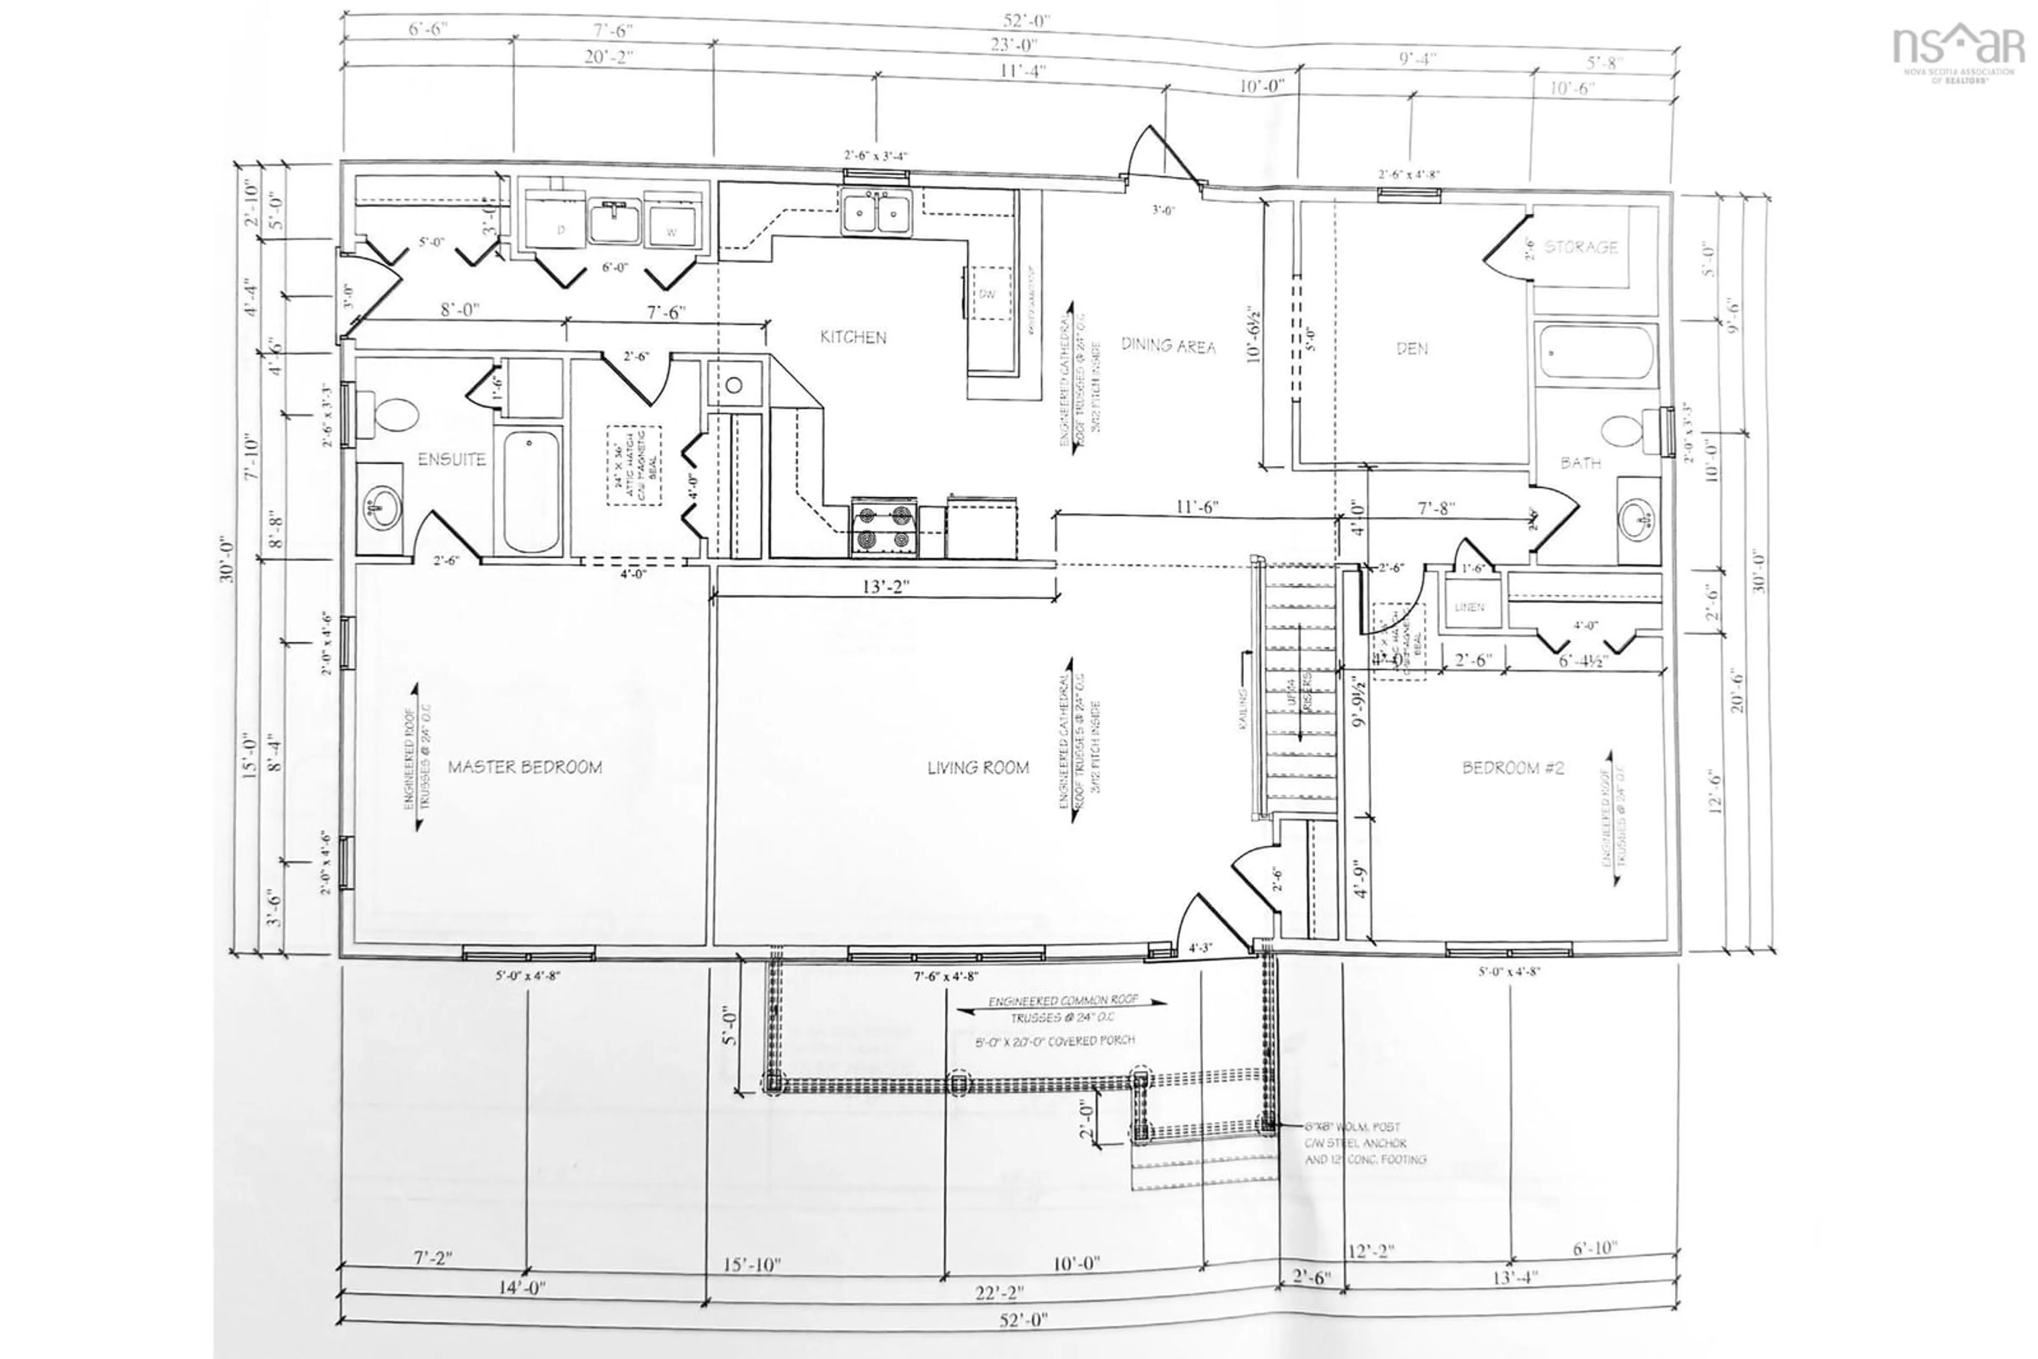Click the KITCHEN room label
point(853,337)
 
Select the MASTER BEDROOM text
point(524,767)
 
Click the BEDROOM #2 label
point(1513,768)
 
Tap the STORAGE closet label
point(1581,247)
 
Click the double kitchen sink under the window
point(876,212)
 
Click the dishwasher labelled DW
point(987,294)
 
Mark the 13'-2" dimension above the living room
point(885,587)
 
